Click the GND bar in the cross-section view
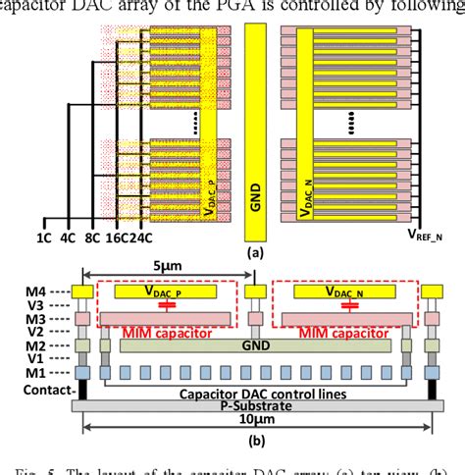point(253,345)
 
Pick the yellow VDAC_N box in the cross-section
point(342,290)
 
